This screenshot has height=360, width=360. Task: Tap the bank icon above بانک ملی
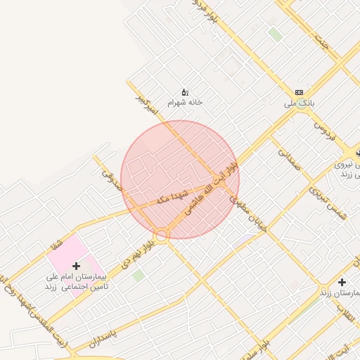pyautogui.click(x=300, y=93)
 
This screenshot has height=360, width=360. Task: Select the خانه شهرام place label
pyautogui.click(x=184, y=102)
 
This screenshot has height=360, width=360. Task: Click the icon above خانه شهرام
pyautogui.click(x=185, y=91)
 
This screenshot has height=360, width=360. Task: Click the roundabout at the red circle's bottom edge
pyautogui.click(x=162, y=236)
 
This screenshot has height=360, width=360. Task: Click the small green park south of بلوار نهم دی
pyautogui.click(x=139, y=275)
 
